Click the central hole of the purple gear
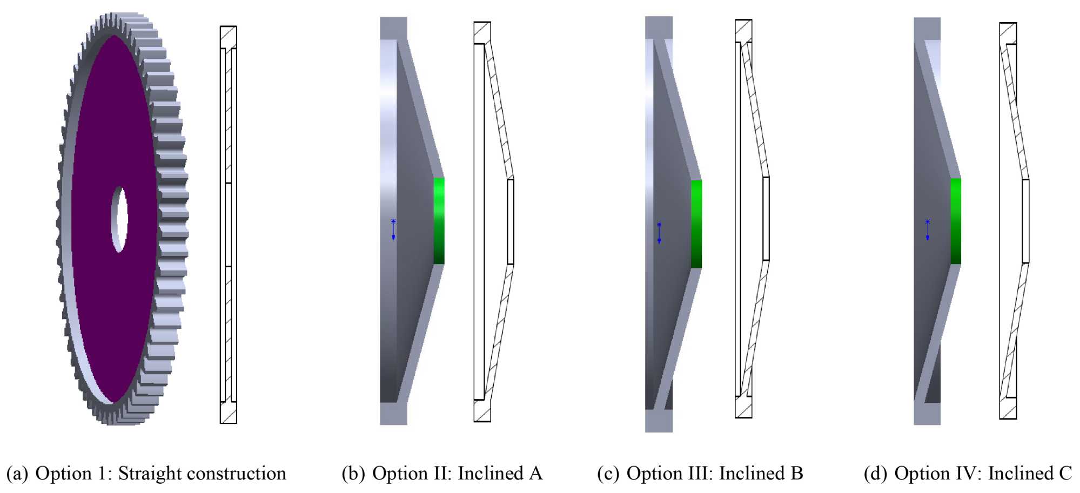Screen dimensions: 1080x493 (x=119, y=219)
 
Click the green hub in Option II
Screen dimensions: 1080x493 (x=439, y=220)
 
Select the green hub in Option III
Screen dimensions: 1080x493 (x=696, y=224)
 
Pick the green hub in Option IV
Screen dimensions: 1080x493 (x=956, y=221)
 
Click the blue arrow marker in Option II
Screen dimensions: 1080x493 (x=393, y=229)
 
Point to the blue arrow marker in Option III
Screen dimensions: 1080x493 (x=659, y=233)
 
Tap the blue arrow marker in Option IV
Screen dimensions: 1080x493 (x=928, y=229)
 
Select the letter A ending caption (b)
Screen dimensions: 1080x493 (x=535, y=474)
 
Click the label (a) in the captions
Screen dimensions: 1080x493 (x=17, y=474)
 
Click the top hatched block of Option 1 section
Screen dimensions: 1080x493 (x=228, y=37)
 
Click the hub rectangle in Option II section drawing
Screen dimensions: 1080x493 (x=511, y=221)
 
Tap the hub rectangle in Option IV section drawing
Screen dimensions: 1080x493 (x=1025, y=221)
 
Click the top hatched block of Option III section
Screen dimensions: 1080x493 (x=743, y=30)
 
